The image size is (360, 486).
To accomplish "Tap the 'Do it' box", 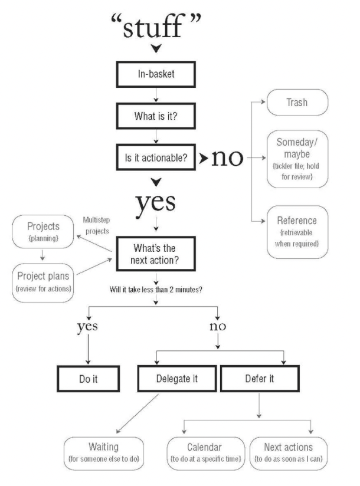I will click(89, 378).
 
